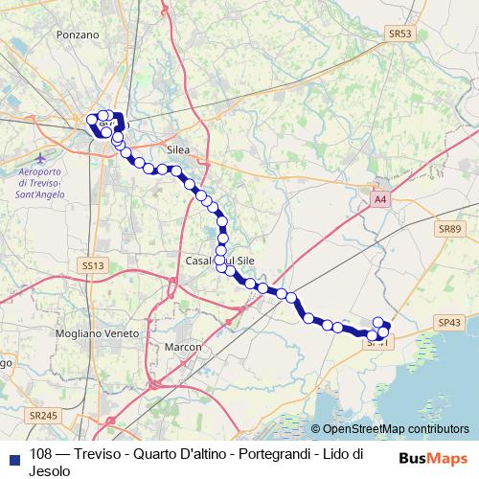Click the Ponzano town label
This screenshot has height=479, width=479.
[x=78, y=34]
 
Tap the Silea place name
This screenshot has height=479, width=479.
[x=178, y=150]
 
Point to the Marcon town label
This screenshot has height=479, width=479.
[x=183, y=346]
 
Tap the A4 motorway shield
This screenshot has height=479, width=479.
[x=380, y=199]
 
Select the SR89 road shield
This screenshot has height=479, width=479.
[x=448, y=229]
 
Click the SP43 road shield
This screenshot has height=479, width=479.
[x=448, y=324]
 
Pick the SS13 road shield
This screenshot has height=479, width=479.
[x=92, y=264]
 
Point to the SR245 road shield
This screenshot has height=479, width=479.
[x=43, y=415]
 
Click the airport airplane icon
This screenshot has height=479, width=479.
[x=38, y=156]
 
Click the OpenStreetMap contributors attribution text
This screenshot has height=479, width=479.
[x=395, y=429]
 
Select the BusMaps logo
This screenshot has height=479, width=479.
[x=432, y=457]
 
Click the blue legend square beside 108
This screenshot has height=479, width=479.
[x=13, y=456]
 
